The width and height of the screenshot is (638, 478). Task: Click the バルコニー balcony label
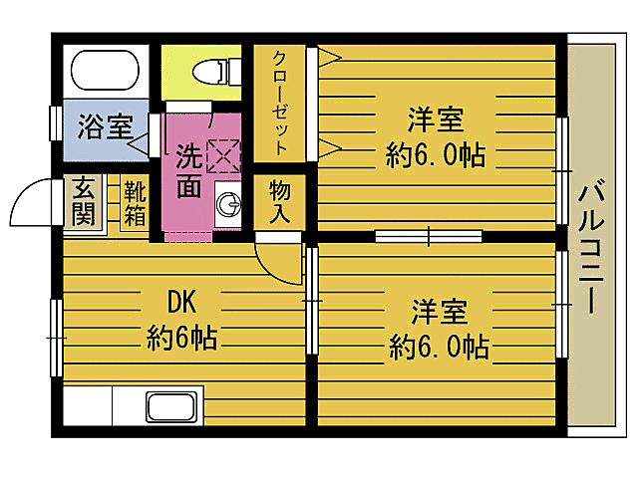(592, 245)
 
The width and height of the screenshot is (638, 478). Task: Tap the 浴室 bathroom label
(106, 128)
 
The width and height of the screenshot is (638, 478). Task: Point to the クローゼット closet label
(281, 102)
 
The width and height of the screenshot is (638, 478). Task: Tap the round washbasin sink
(230, 205)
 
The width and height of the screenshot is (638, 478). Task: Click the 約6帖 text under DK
(182, 337)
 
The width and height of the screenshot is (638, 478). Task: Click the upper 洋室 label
(436, 120)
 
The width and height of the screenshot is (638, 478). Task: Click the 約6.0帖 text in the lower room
(439, 347)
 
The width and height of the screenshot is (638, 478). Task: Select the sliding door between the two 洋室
(429, 237)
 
